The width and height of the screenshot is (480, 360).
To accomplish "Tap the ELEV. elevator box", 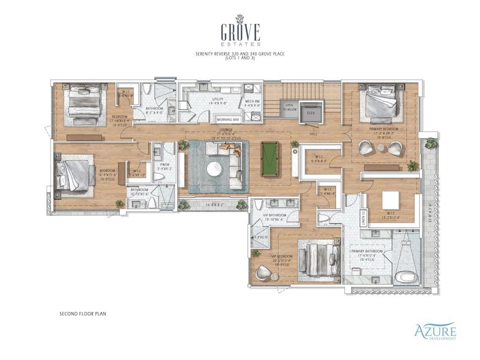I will point(311,112).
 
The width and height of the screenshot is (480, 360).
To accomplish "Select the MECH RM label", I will point(253,100).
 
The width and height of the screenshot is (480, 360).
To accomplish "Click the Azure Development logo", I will point(435,331).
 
